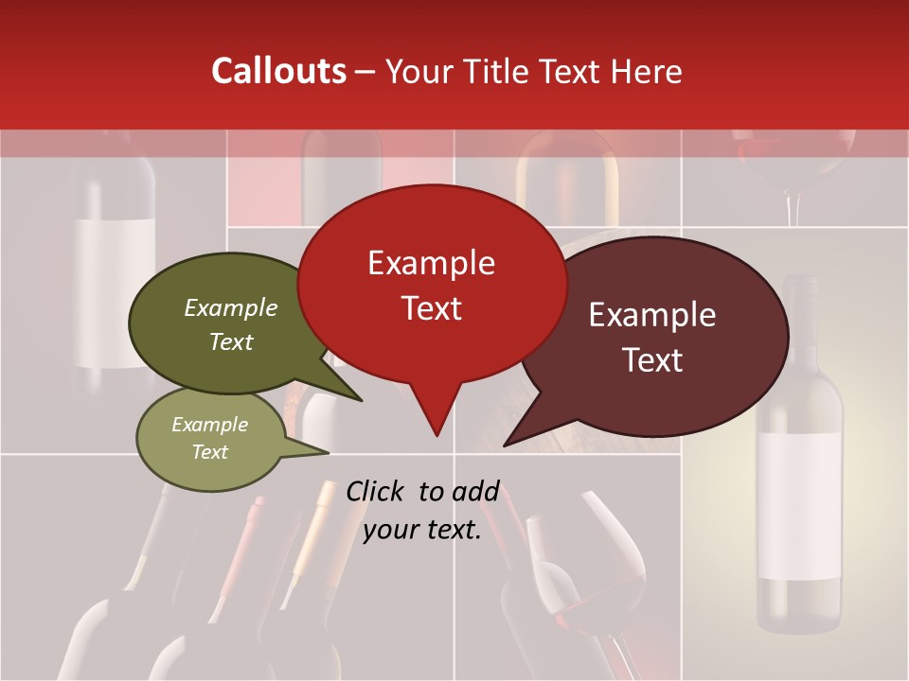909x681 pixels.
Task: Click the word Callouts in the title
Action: click(278, 71)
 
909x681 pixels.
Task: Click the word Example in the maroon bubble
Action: click(652, 315)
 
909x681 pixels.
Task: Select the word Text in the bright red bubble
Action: click(432, 308)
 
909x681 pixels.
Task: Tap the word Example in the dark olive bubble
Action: click(231, 308)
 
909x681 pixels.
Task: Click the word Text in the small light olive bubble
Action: click(210, 452)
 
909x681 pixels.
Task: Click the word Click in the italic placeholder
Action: click(377, 491)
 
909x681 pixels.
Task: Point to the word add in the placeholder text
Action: click(475, 491)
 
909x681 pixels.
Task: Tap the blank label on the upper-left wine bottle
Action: click(116, 293)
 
